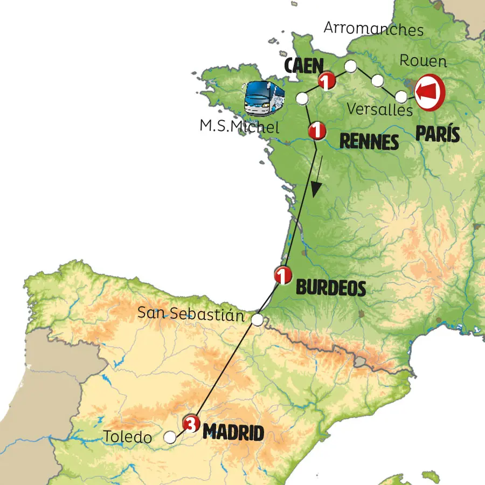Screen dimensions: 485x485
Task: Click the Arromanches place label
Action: coord(374,29)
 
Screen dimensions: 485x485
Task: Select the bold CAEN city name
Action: coord(303,66)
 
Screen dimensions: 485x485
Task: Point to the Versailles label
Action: coord(379,109)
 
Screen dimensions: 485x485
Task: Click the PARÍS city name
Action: coord(438,134)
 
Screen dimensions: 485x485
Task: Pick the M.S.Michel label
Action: coord(240,127)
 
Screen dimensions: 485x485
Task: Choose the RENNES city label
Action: coord(369,142)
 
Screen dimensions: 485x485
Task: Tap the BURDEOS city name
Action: coord(331,288)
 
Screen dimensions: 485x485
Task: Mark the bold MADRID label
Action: coord(233,433)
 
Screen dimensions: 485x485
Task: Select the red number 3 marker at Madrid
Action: coord(191,424)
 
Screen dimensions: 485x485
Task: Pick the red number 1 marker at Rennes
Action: coord(317,130)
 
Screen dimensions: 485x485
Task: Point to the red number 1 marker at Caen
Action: coord(327,81)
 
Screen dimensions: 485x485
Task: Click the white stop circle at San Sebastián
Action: coord(258,320)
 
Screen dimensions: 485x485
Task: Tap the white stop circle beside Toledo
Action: coord(170,437)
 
